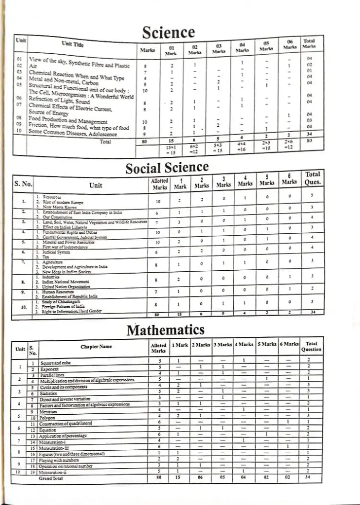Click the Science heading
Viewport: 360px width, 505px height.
169,32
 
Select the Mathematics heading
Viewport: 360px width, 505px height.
166,329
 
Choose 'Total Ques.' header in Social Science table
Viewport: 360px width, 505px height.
313,178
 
